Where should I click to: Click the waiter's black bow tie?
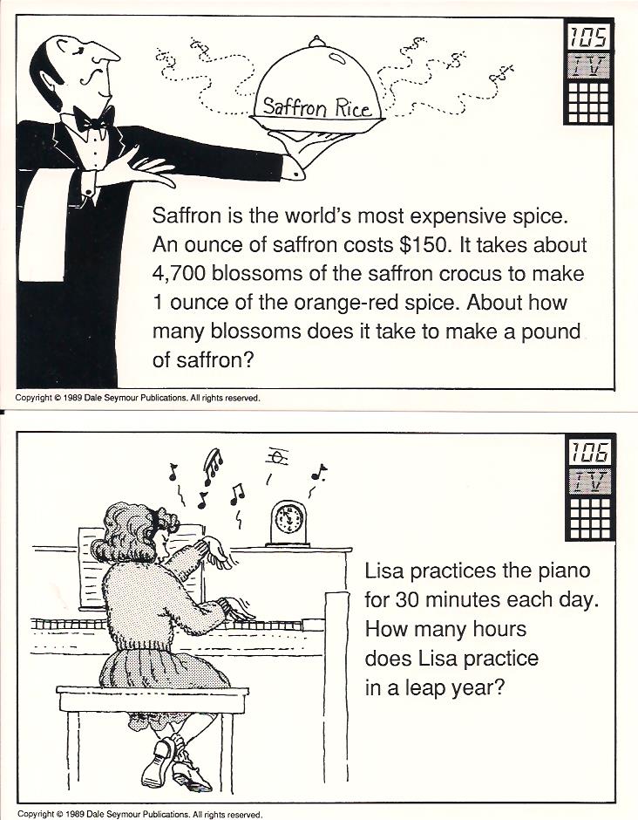point(93,120)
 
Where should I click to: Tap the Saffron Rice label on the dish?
point(317,107)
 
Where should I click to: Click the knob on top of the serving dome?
point(316,41)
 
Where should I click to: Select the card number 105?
point(589,38)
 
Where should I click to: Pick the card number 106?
point(590,453)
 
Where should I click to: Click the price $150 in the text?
point(424,245)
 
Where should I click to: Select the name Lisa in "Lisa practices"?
point(384,570)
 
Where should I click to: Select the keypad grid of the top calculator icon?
point(588,101)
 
